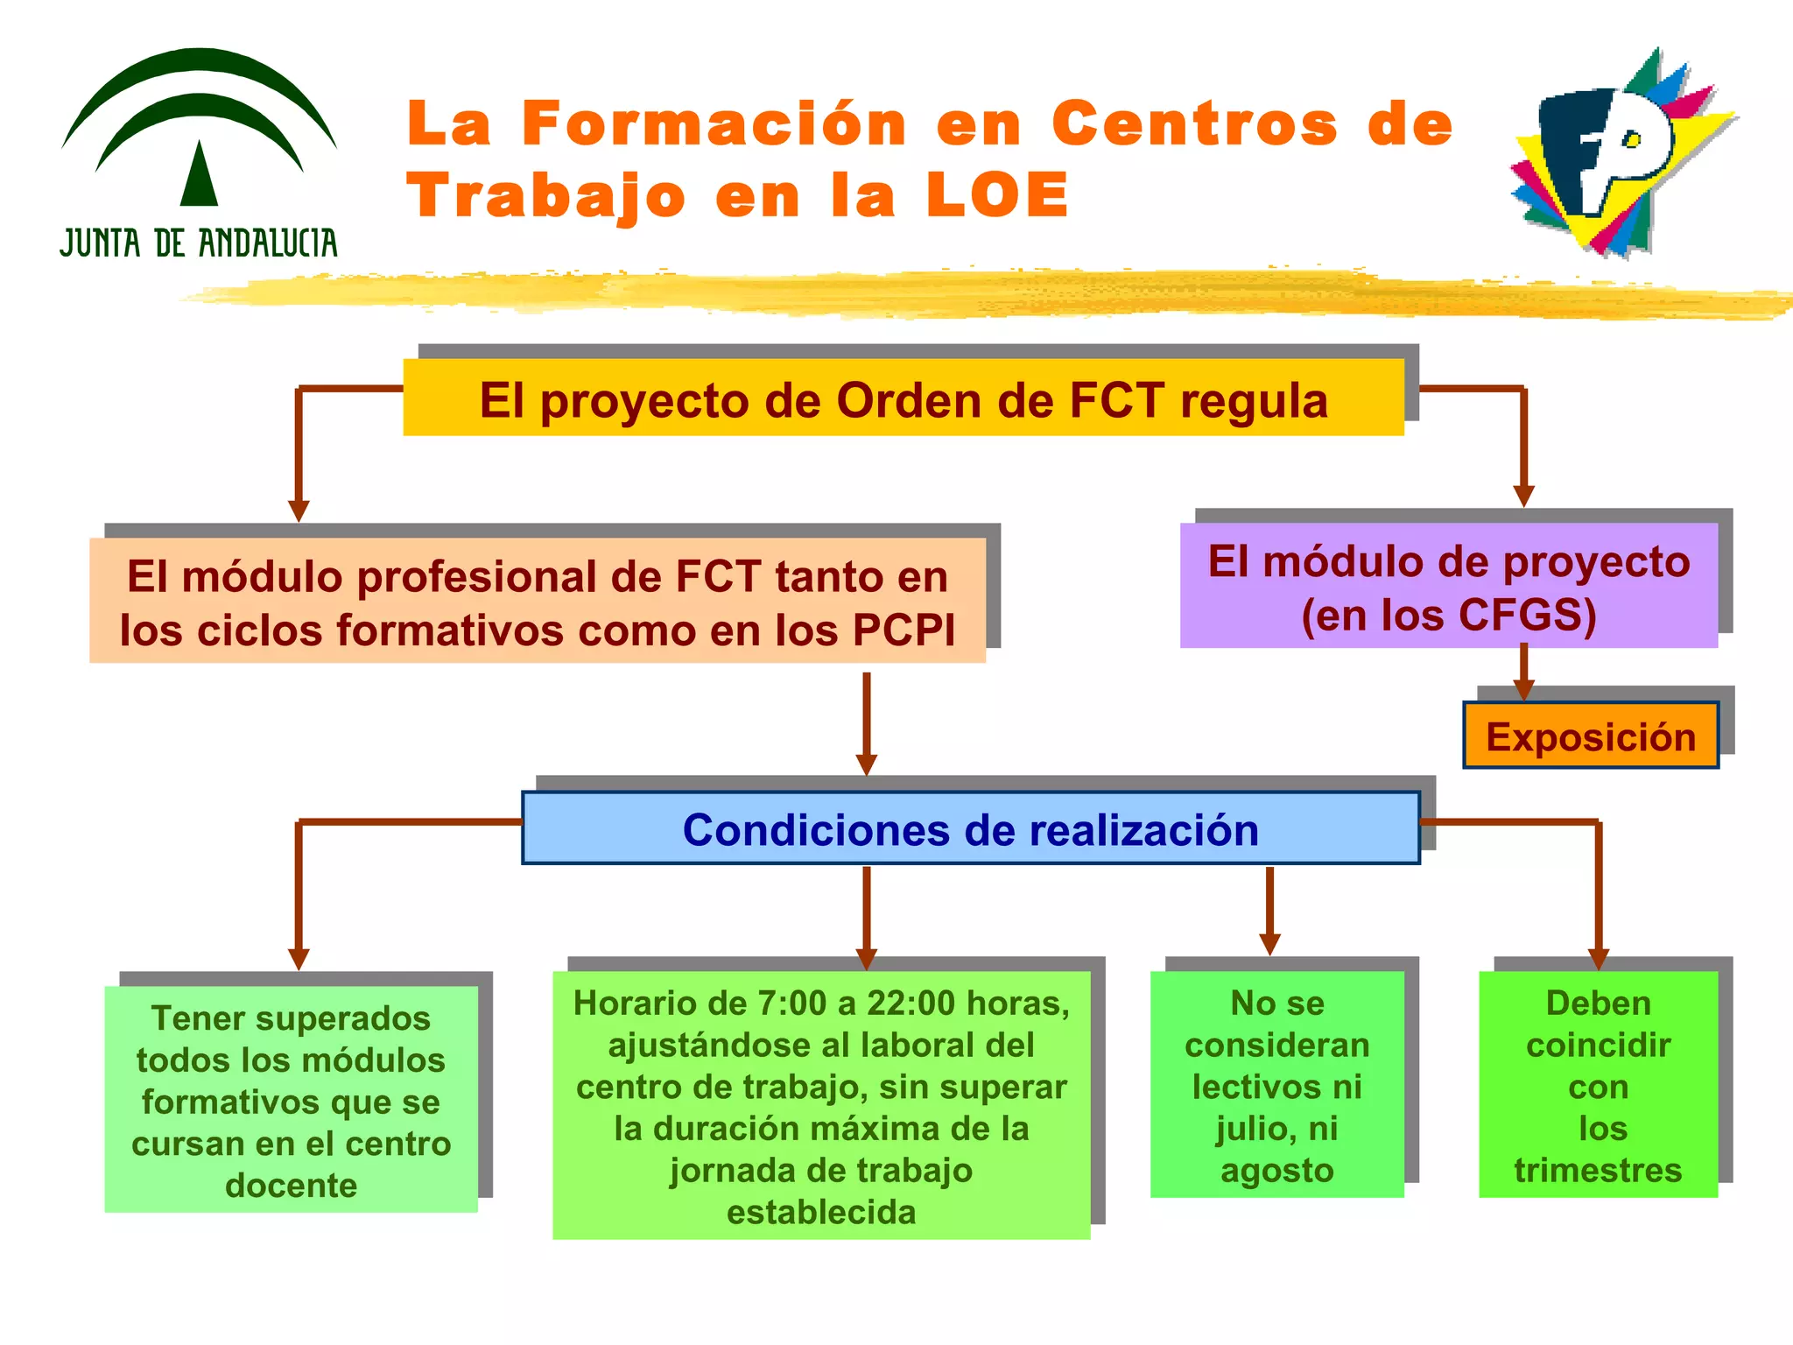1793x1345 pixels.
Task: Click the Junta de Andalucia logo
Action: (199, 153)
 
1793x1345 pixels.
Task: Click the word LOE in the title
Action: (997, 195)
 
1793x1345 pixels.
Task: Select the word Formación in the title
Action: (714, 123)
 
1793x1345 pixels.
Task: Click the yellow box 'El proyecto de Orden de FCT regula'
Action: (904, 398)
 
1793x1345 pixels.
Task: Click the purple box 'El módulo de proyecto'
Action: (1448, 586)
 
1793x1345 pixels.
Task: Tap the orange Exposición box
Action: (1591, 736)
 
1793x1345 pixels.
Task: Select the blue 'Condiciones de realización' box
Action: (970, 829)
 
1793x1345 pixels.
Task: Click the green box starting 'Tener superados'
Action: (291, 1100)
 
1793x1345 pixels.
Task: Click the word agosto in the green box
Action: (1277, 1171)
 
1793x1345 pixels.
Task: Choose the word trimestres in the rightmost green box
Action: (1598, 1171)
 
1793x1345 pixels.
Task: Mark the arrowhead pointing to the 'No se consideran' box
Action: (1269, 944)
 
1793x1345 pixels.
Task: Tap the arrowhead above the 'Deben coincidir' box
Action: (1599, 959)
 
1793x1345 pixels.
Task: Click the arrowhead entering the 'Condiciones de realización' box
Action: (867, 764)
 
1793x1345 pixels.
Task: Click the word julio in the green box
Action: (1252, 1129)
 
